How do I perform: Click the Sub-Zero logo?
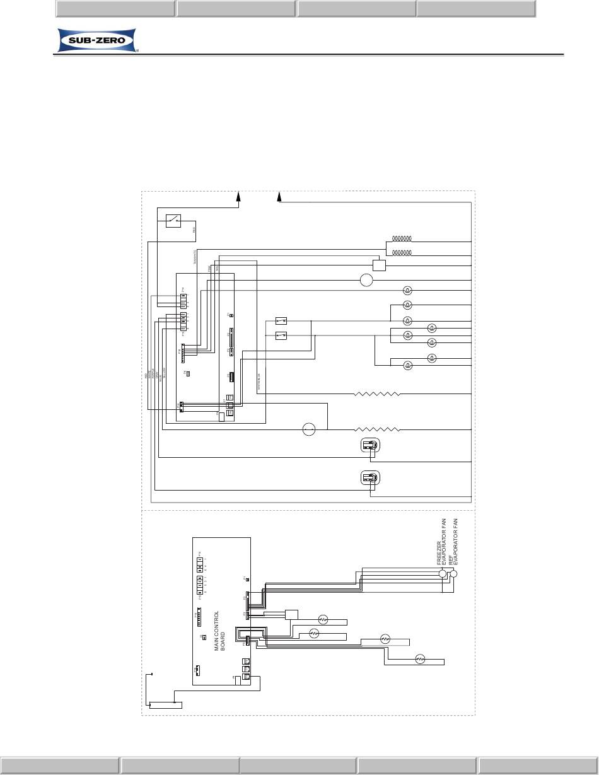(x=96, y=41)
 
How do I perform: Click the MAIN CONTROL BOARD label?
(x=219, y=631)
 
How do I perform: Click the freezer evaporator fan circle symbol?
(x=443, y=573)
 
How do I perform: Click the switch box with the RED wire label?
(x=173, y=221)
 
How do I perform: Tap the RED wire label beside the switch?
(x=194, y=230)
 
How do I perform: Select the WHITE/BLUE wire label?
(x=259, y=383)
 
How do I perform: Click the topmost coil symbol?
(x=402, y=239)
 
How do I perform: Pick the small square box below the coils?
(x=379, y=265)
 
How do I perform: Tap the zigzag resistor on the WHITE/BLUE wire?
(x=377, y=393)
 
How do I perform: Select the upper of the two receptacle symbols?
(x=369, y=446)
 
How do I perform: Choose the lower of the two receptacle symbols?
(x=369, y=479)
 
